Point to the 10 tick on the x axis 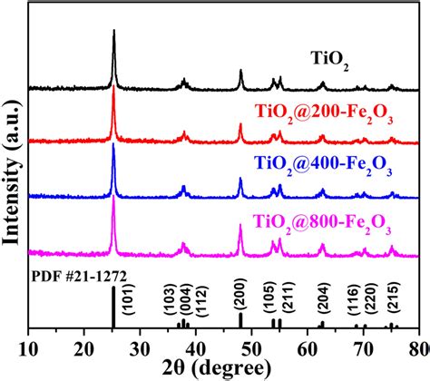click(x=30, y=347)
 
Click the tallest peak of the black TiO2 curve click(x=113, y=33)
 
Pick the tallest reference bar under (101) click(x=113, y=308)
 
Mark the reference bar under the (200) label click(x=240, y=320)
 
